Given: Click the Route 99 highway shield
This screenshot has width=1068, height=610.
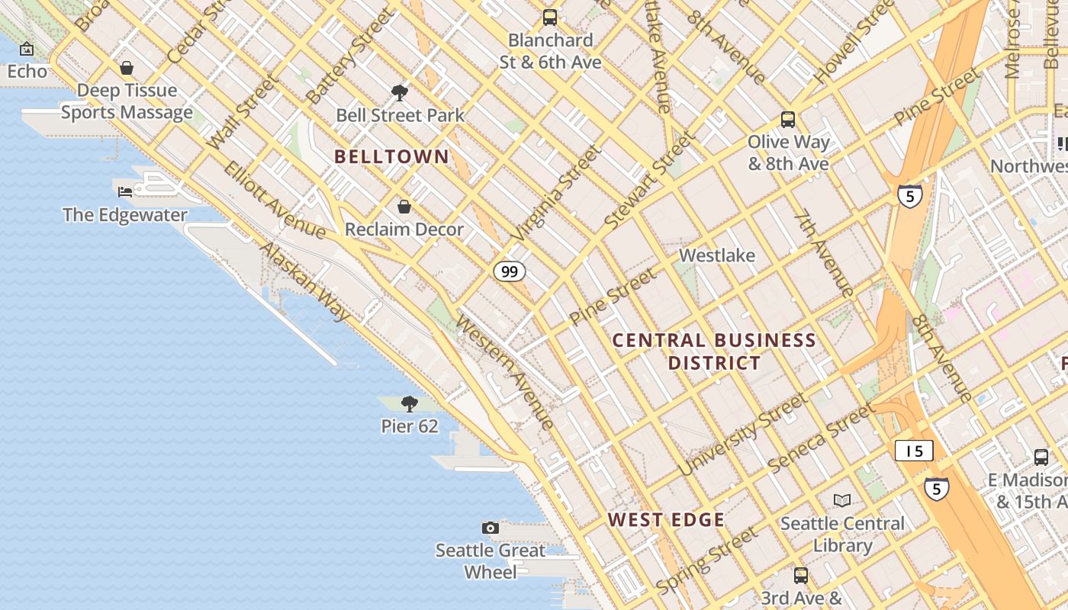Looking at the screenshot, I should pyautogui.click(x=509, y=271).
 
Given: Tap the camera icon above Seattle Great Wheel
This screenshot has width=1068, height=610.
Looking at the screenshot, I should pyautogui.click(x=491, y=528).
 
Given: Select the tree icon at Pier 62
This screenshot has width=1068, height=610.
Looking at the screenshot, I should pyautogui.click(x=410, y=403).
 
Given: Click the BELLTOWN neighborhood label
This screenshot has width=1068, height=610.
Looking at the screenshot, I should pyautogui.click(x=392, y=157).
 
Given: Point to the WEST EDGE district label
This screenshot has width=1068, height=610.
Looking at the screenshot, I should pyautogui.click(x=666, y=520).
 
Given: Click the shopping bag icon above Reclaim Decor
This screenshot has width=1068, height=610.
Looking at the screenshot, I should pyautogui.click(x=404, y=207).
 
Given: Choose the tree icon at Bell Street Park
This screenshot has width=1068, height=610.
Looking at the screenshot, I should pyautogui.click(x=399, y=93).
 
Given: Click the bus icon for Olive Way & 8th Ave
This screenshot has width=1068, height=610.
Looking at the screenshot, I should pyautogui.click(x=788, y=120).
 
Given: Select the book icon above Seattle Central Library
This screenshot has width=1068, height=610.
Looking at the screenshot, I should pyautogui.click(x=842, y=500).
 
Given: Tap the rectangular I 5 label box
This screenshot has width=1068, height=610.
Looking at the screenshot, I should pyautogui.click(x=914, y=451).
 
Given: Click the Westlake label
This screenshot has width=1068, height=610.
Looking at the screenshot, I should pyautogui.click(x=717, y=255).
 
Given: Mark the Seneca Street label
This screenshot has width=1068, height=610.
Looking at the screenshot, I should pyautogui.click(x=822, y=438).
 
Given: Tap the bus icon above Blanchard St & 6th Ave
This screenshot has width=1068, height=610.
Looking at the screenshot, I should pyautogui.click(x=550, y=18).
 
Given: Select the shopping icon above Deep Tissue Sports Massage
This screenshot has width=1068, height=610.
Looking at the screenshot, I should pyautogui.click(x=127, y=68).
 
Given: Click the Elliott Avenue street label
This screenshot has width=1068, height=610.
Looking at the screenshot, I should pyautogui.click(x=275, y=200).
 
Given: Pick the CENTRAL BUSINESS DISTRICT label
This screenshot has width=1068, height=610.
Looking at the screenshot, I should pyautogui.click(x=715, y=351).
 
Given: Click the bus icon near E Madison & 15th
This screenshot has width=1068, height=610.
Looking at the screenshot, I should pyautogui.click(x=1041, y=457).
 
